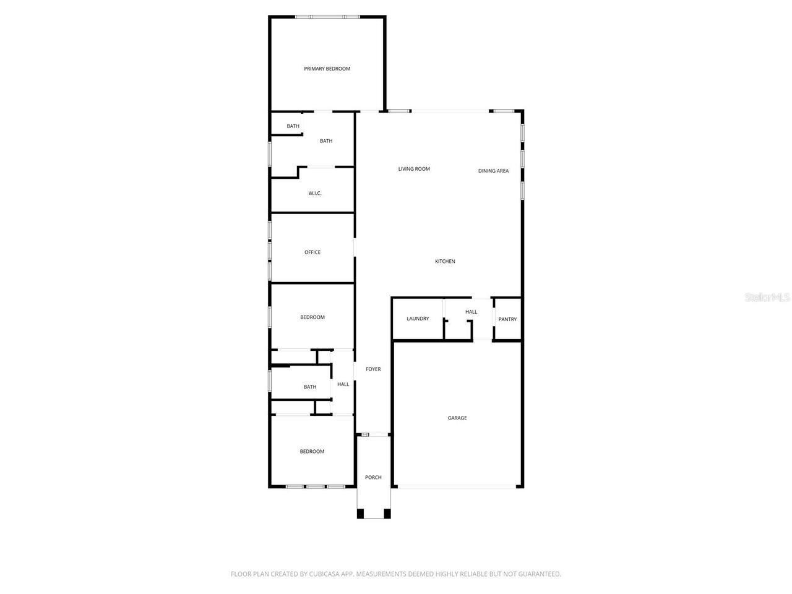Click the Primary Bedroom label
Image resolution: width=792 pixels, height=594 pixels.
click(x=327, y=69)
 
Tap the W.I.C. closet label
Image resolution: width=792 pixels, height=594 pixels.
click(x=315, y=194)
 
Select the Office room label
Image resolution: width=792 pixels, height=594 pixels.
click(x=312, y=252)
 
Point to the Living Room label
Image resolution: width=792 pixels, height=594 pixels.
click(x=414, y=169)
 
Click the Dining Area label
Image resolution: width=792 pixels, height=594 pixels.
click(x=493, y=171)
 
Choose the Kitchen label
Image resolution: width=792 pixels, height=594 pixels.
click(x=445, y=262)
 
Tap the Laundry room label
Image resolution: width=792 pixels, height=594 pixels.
click(x=418, y=319)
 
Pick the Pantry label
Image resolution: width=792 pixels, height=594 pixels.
click(x=507, y=319)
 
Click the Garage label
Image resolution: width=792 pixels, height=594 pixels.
click(x=457, y=418)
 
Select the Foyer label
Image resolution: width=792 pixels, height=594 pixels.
click(x=373, y=369)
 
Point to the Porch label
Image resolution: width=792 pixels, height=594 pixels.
click(x=373, y=478)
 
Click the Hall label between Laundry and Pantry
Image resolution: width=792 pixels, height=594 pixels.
click(x=471, y=312)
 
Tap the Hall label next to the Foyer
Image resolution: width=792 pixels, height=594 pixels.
click(x=343, y=384)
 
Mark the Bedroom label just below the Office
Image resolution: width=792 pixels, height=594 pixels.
click(x=312, y=317)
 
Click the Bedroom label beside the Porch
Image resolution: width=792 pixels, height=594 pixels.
click(x=312, y=452)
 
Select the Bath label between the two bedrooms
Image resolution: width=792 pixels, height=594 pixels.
click(x=310, y=387)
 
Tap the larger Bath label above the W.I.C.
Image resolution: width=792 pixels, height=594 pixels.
click(x=326, y=141)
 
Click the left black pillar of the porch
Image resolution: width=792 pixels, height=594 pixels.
click(x=361, y=514)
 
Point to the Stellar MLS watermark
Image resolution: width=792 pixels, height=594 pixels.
click(x=767, y=298)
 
